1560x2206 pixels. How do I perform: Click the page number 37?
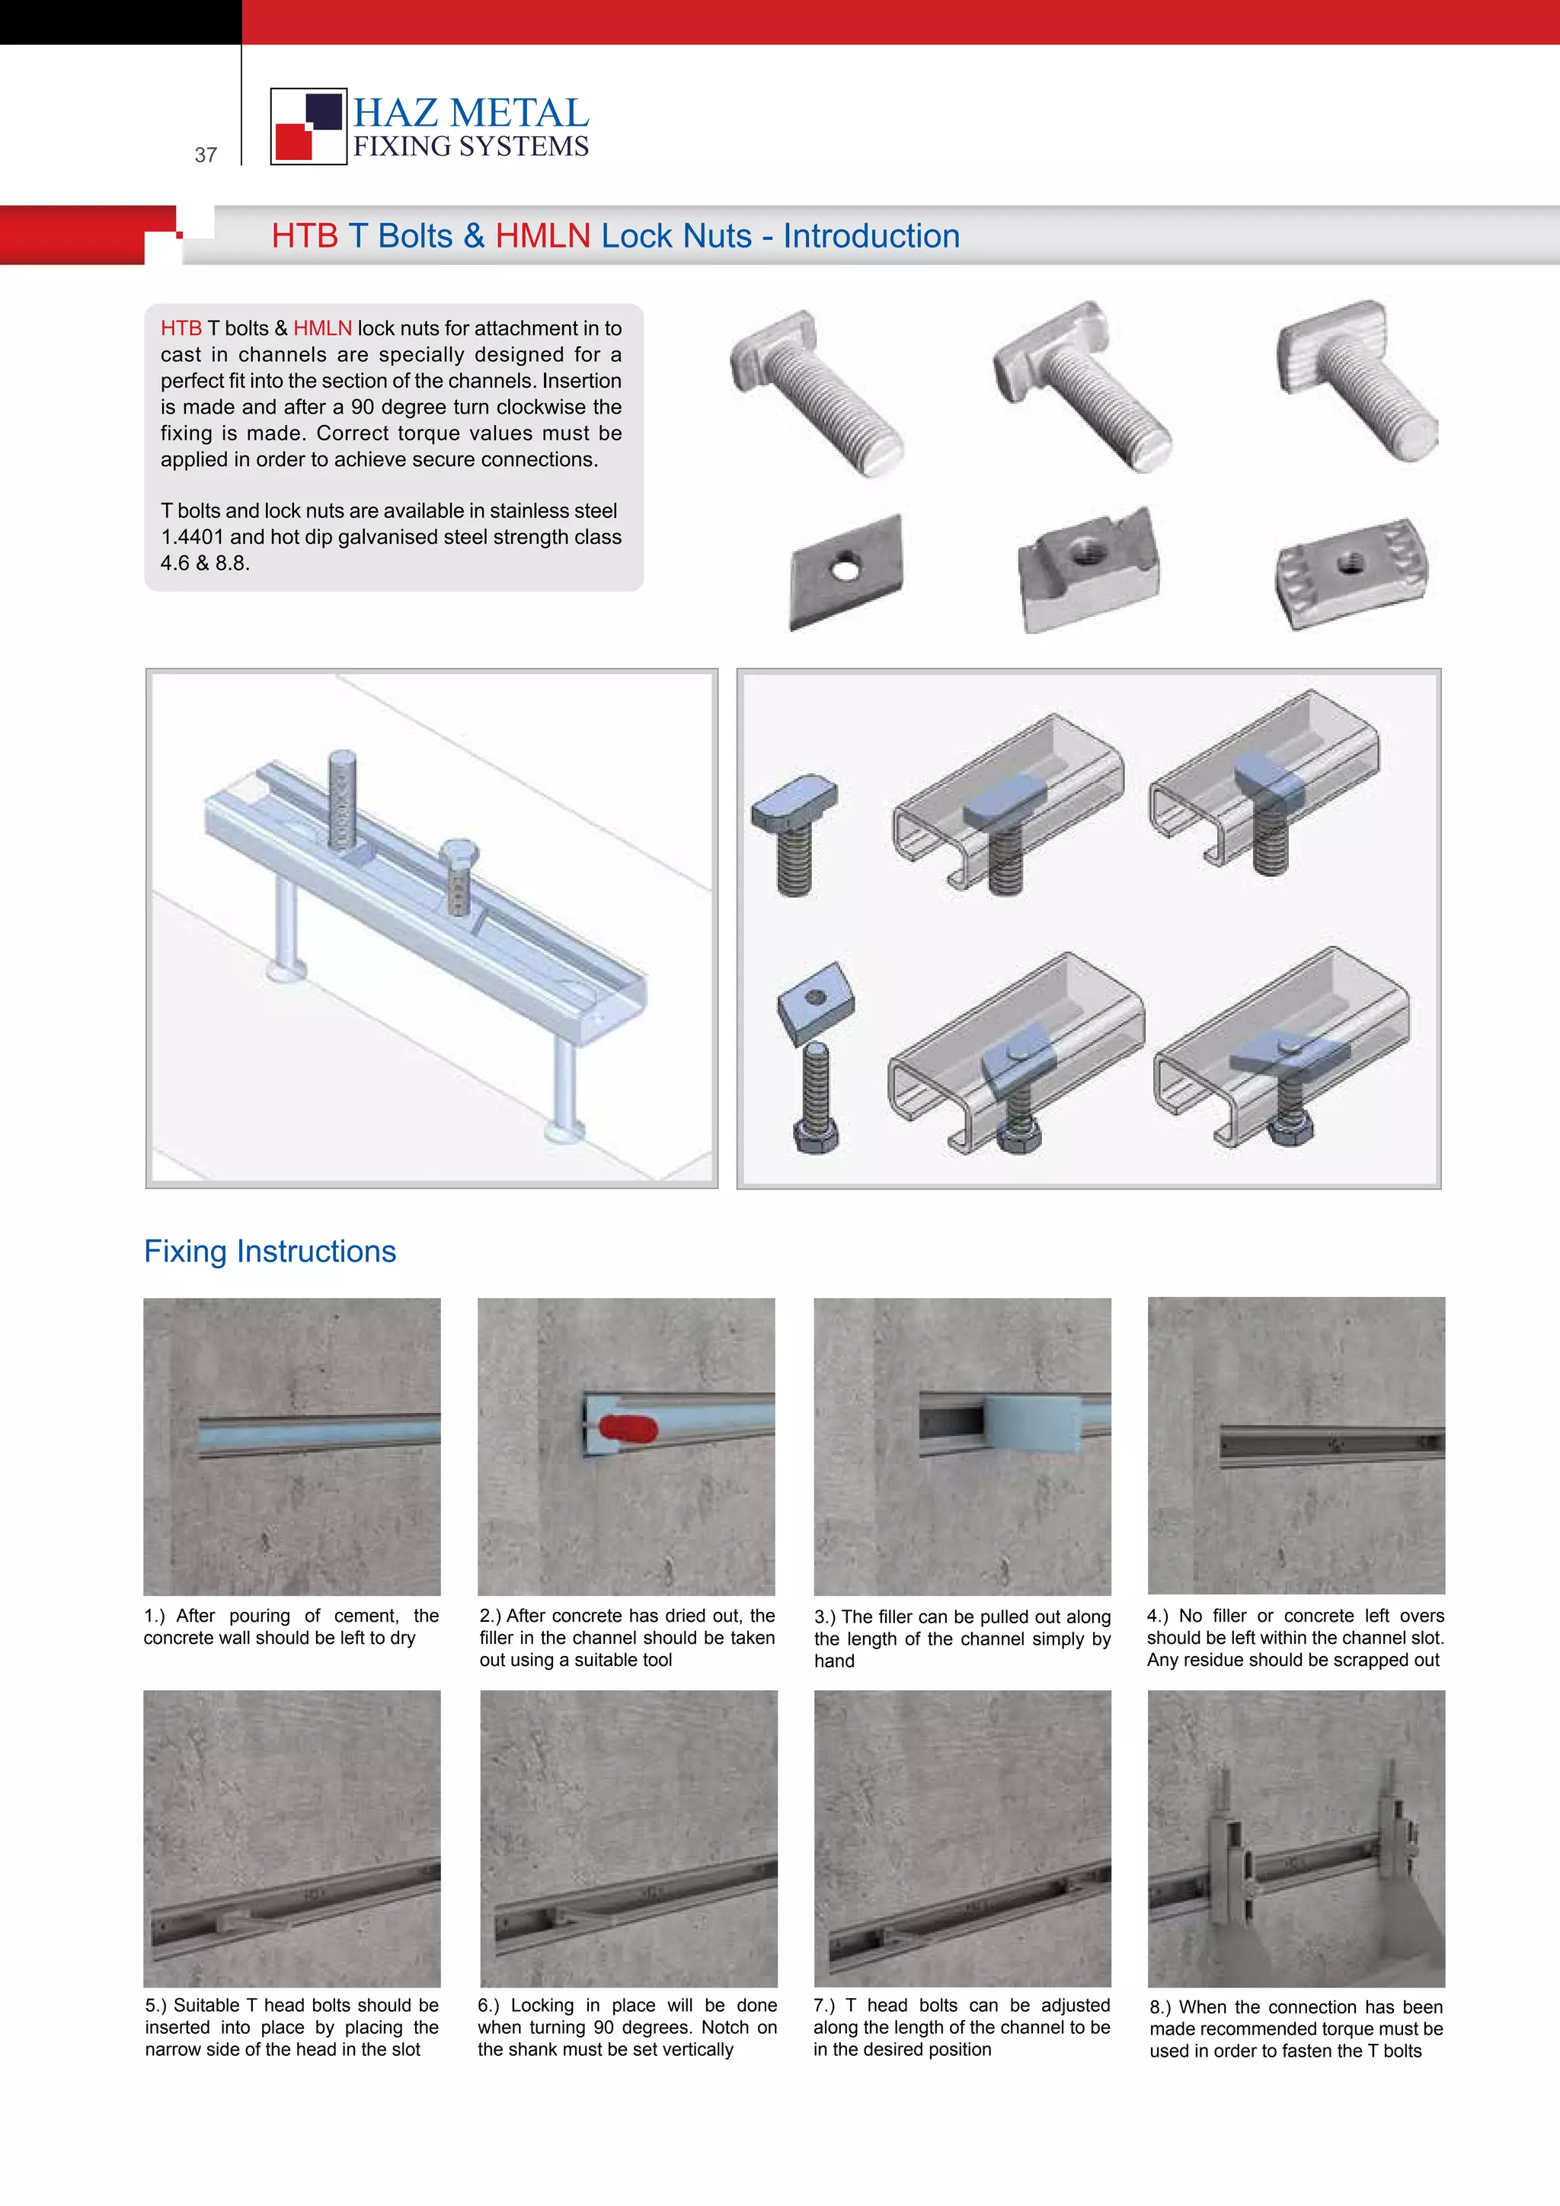tap(206, 155)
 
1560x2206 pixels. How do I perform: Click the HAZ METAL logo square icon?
tap(308, 126)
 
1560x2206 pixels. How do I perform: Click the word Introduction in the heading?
tap(871, 235)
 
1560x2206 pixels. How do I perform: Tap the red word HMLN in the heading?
tap(543, 235)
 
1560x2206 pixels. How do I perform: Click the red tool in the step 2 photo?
tap(628, 1430)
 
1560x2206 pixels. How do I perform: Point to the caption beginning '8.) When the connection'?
tap(1296, 2029)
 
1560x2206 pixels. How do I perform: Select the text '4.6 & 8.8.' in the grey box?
tap(205, 563)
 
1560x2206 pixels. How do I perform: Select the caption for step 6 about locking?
tap(626, 2027)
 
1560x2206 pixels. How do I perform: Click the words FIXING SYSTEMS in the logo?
tap(471, 146)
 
